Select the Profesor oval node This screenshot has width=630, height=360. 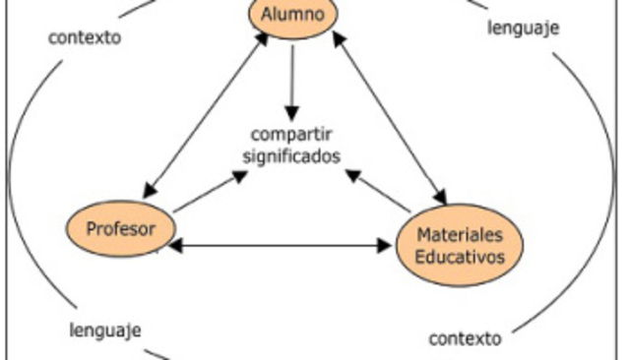click(x=122, y=229)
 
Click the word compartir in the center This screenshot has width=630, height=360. click(x=293, y=135)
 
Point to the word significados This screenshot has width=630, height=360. click(x=291, y=155)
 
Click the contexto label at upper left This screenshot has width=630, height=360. click(x=85, y=39)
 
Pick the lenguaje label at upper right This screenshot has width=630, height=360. click(x=523, y=28)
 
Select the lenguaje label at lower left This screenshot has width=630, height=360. click(x=105, y=329)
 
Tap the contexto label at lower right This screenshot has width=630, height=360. click(x=465, y=339)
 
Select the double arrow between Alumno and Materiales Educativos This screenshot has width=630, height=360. click(x=387, y=113)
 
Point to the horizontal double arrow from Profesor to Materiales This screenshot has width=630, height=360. click(x=280, y=246)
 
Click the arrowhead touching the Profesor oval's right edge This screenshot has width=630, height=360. click(x=173, y=246)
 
